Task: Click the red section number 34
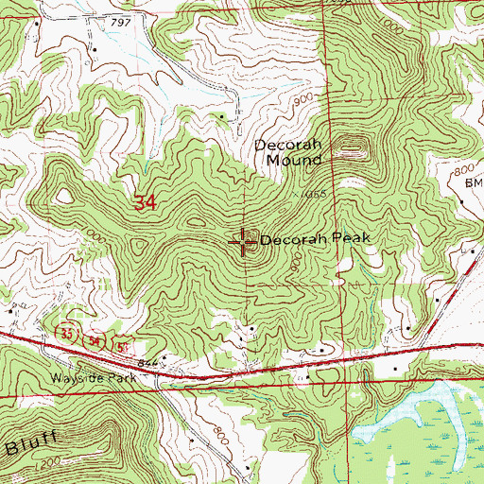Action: tap(145, 202)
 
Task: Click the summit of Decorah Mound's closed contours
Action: tap(354, 146)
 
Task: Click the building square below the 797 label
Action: tap(95, 47)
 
